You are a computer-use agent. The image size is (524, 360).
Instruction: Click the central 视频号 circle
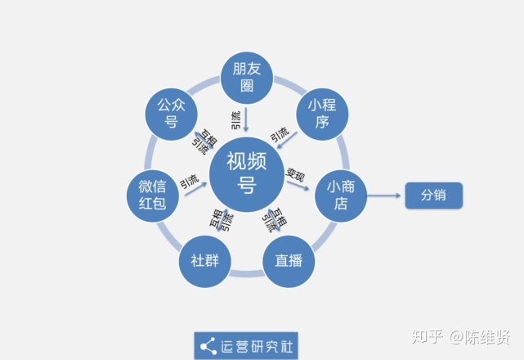(247, 174)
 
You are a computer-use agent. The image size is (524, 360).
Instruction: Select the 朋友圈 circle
(247, 78)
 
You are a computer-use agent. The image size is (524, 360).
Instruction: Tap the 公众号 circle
(172, 114)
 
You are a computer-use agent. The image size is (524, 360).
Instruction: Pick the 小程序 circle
(322, 114)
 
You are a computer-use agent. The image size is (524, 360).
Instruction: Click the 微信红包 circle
(153, 196)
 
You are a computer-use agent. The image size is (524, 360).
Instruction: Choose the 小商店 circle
(341, 196)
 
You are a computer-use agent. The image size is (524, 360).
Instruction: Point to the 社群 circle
(205, 261)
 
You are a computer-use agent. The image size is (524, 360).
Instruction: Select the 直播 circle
(289, 261)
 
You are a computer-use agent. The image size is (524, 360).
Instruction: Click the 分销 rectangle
(434, 196)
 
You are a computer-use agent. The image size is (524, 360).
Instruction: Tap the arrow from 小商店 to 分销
(383, 196)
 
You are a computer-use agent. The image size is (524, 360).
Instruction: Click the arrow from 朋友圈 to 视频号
(246, 119)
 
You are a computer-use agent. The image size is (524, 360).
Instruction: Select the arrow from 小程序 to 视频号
(287, 140)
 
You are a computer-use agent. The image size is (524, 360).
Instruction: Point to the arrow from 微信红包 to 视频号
(196, 189)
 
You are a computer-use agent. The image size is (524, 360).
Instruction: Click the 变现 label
(296, 174)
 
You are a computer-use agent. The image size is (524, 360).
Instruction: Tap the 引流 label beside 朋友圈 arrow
(236, 120)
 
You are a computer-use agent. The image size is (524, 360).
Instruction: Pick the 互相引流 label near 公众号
(204, 142)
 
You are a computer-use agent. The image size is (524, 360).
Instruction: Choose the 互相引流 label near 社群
(222, 220)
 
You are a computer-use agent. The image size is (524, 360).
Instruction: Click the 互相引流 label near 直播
(275, 220)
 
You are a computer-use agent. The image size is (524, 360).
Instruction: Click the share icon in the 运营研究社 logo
(208, 347)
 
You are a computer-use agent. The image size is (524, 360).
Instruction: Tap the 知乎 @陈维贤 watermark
(461, 336)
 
